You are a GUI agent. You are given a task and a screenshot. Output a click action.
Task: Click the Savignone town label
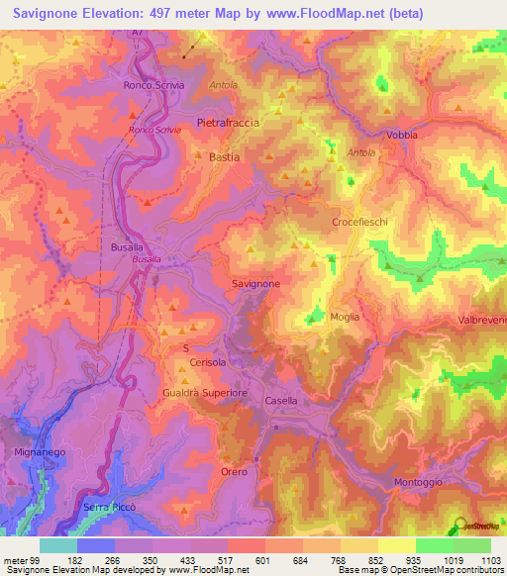pyautogui.click(x=255, y=283)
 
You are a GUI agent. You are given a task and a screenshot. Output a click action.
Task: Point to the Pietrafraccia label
pyautogui.click(x=229, y=123)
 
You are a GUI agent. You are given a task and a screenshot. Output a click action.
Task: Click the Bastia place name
pyautogui.click(x=225, y=156)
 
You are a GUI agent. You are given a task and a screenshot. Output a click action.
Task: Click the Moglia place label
pyautogui.click(x=346, y=317)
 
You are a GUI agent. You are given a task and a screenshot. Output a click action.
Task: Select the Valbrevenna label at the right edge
pyautogui.click(x=482, y=320)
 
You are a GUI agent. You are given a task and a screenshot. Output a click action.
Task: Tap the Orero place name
pyautogui.click(x=234, y=471)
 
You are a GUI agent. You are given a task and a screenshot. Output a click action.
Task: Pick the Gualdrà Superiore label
pyautogui.click(x=204, y=393)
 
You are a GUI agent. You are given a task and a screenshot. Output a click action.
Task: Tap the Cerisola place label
pyautogui.click(x=208, y=363)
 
